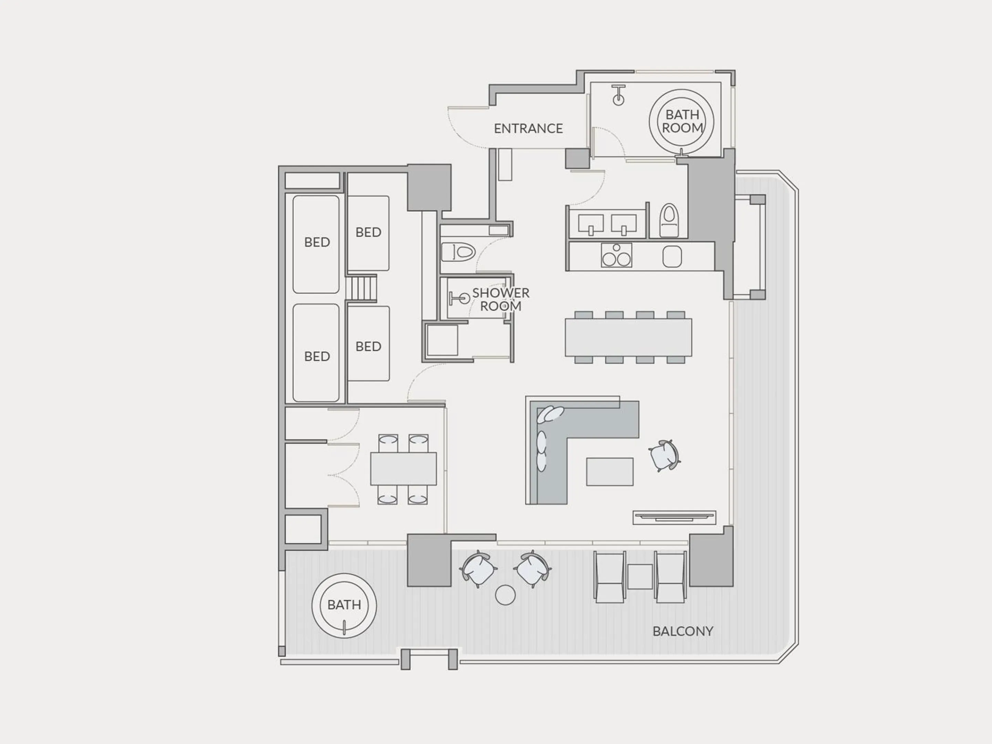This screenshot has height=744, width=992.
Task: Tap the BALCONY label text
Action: (x=683, y=631)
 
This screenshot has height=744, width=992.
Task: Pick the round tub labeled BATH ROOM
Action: (x=682, y=122)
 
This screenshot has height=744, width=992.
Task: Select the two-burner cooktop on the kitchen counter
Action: (x=616, y=256)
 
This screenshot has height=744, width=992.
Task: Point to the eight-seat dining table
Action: (x=628, y=337)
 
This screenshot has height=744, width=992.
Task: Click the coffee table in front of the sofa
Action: (x=609, y=471)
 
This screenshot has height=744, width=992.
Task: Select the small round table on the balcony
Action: (x=505, y=595)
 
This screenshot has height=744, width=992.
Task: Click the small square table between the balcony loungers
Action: (x=640, y=577)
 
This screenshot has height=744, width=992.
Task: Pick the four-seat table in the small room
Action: (x=403, y=469)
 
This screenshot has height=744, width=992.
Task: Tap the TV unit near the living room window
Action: (x=674, y=517)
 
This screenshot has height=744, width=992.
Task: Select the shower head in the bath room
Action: (x=618, y=95)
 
